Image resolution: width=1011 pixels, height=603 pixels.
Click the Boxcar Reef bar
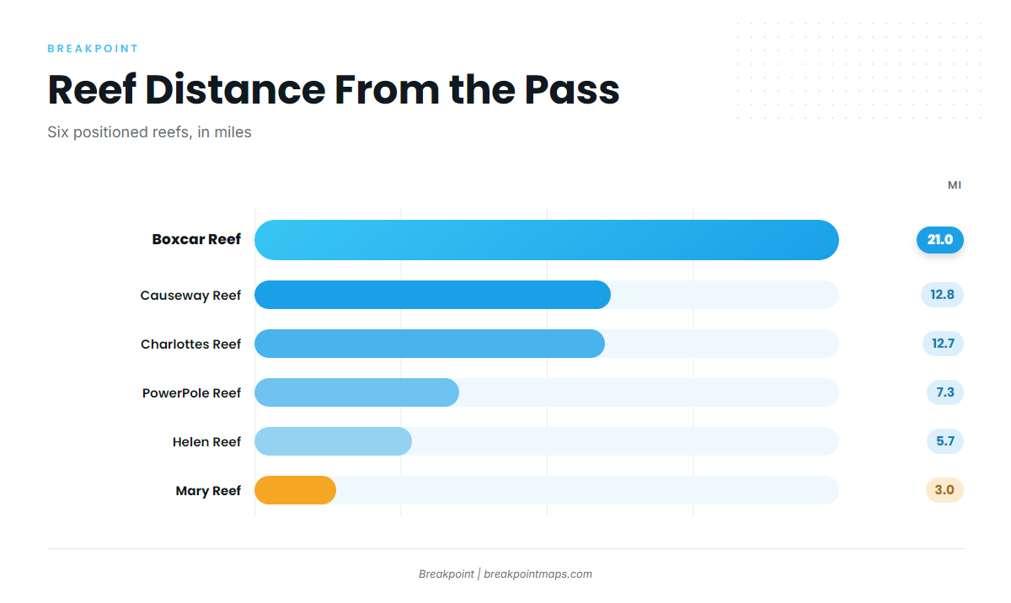pos(547,240)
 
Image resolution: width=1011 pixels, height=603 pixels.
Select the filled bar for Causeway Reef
pos(432,295)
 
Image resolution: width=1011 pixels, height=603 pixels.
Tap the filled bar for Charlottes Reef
pos(430,344)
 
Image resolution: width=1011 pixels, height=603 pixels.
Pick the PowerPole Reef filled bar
pos(356,392)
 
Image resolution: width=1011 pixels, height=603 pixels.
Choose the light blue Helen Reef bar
pos(333,441)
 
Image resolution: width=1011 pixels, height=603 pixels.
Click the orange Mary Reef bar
pos(295,490)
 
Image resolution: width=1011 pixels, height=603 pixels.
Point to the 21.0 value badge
pos(939,239)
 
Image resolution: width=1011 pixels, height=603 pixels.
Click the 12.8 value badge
pos(942,295)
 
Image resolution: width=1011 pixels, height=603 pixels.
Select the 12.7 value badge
pos(943,344)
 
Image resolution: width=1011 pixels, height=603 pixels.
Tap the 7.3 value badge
pos(944,392)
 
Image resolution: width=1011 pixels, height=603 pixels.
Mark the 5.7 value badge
pos(944,441)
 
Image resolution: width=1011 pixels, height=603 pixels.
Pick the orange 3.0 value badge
pos(944,490)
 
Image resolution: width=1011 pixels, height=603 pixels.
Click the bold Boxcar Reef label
pos(196,239)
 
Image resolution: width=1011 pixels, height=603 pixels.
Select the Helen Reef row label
pos(206,442)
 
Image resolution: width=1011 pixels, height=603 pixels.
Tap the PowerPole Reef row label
pos(191,393)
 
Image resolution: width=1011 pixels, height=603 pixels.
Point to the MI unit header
pos(954,185)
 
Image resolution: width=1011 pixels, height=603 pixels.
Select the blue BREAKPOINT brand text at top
pos(93,49)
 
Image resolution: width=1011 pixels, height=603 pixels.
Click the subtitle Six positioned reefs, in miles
pos(149,132)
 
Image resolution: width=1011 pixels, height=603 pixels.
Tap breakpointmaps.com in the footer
pos(538,574)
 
